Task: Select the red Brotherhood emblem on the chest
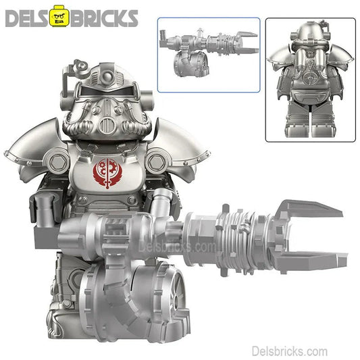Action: coord(107,174)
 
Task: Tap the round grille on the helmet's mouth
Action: coord(107,125)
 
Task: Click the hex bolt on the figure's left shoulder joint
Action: coord(157,161)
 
